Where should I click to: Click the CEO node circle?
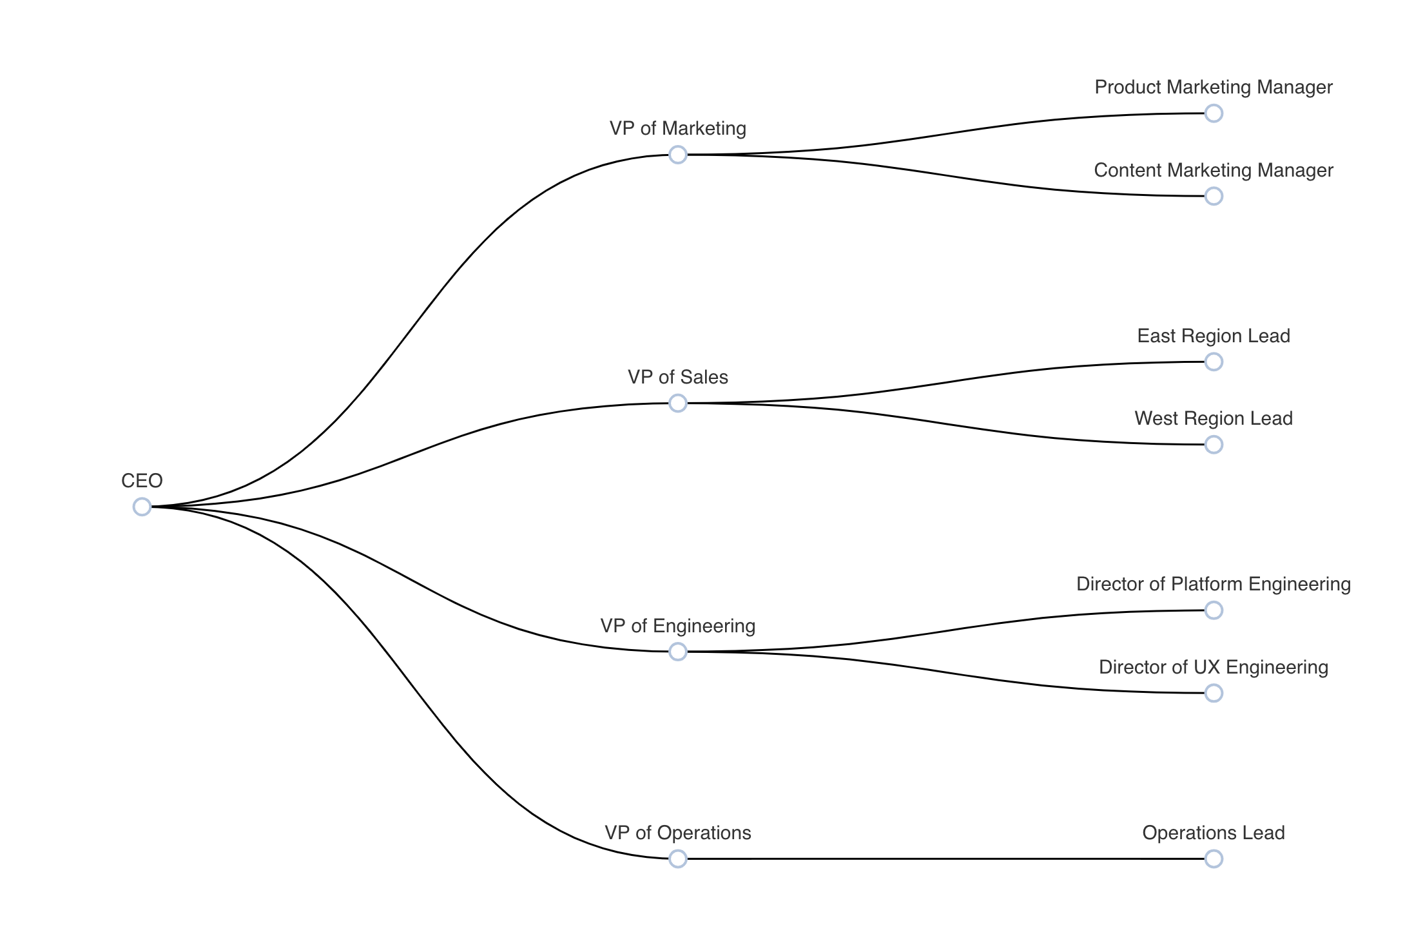coord(142,507)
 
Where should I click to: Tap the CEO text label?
coord(142,481)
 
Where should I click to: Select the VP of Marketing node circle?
coord(677,155)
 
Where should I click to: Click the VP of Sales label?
coord(677,377)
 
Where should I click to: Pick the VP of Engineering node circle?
coord(677,652)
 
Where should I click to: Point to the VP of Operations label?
coord(677,833)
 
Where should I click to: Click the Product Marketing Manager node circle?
coord(1214,113)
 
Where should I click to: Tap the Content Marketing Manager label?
coord(1213,170)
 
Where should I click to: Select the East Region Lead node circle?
coord(1214,362)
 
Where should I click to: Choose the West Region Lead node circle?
coord(1214,445)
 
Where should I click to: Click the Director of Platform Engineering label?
coord(1213,584)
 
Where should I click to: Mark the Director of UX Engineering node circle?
coord(1214,693)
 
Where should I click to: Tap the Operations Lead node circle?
coord(1214,859)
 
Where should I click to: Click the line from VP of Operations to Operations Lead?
coord(945,859)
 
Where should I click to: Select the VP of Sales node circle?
coord(677,403)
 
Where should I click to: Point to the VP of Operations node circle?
coord(677,859)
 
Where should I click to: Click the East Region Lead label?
coord(1213,336)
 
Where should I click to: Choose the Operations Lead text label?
coord(1213,833)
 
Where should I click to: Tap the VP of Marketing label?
coord(677,128)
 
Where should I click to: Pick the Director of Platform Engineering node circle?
coord(1214,610)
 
